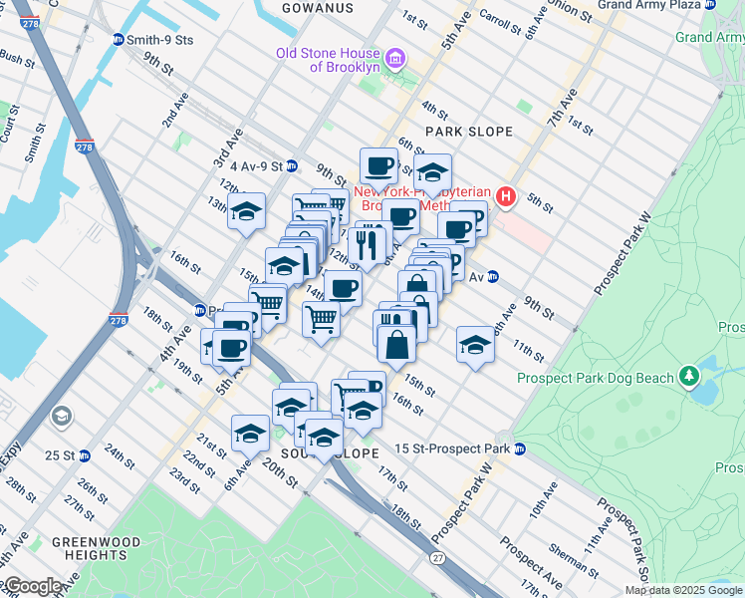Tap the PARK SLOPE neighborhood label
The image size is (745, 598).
[x=468, y=132]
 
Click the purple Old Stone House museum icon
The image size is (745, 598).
[x=395, y=60]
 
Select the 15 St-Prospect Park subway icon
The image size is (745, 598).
[x=519, y=449]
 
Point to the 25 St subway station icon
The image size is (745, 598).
[x=85, y=455]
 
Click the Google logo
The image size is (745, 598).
[x=32, y=586]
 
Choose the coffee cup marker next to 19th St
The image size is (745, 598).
[x=231, y=348]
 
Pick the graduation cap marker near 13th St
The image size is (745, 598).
[x=246, y=211]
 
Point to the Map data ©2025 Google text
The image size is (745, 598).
[x=684, y=590]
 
